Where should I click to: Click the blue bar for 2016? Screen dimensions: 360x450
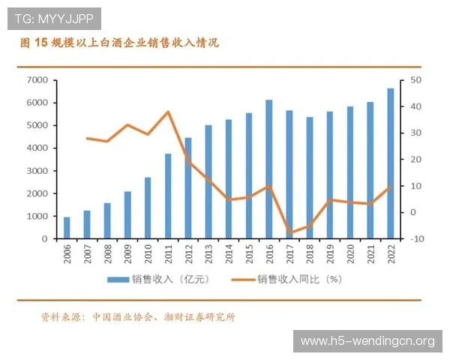[x=269, y=169]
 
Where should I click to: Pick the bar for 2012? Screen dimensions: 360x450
[x=188, y=188]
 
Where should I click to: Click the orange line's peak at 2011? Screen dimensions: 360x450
[x=168, y=112]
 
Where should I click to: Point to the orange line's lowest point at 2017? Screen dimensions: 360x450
[x=289, y=233]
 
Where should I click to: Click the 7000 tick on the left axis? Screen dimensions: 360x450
[x=37, y=80]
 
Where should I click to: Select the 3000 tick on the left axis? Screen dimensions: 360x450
[x=37, y=171]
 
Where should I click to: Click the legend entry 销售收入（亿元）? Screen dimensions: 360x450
[x=157, y=280]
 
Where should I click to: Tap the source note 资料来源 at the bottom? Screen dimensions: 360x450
[x=139, y=316]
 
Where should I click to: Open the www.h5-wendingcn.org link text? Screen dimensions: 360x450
[x=367, y=341]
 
